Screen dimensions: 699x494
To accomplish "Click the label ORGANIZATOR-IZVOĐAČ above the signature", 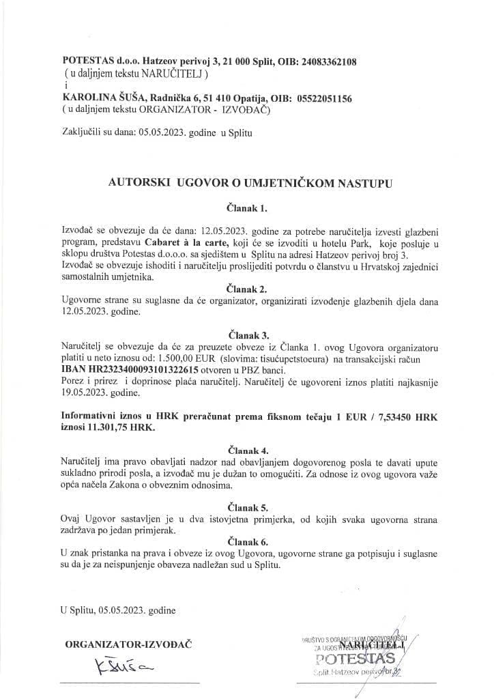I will click(128, 644).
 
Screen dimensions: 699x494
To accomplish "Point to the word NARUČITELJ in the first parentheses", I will click(170, 72).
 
